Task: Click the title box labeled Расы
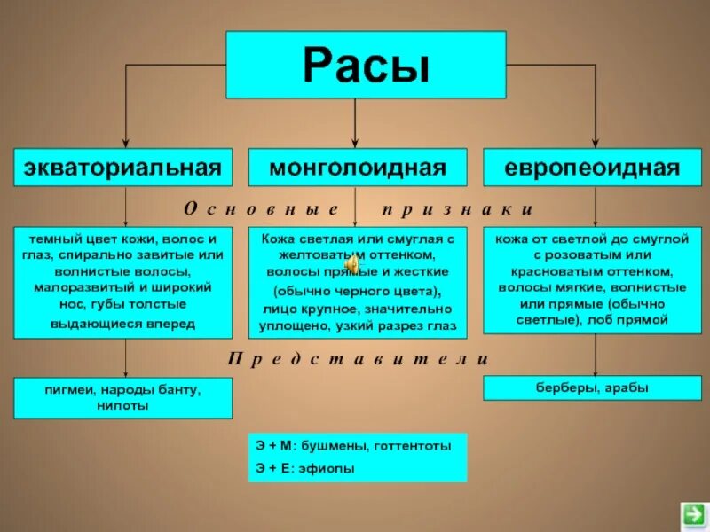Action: point(366,65)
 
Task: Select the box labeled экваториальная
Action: point(122,167)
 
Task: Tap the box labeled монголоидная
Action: point(357,167)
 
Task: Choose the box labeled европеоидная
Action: point(593,167)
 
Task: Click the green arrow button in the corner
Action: point(692,513)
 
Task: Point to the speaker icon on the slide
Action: point(353,263)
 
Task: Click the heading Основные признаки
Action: point(358,209)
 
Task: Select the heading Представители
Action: point(358,359)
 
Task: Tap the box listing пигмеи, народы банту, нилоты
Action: point(122,397)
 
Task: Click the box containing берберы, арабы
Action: point(593,387)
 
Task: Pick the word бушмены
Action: point(341,446)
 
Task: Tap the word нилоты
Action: point(122,405)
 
